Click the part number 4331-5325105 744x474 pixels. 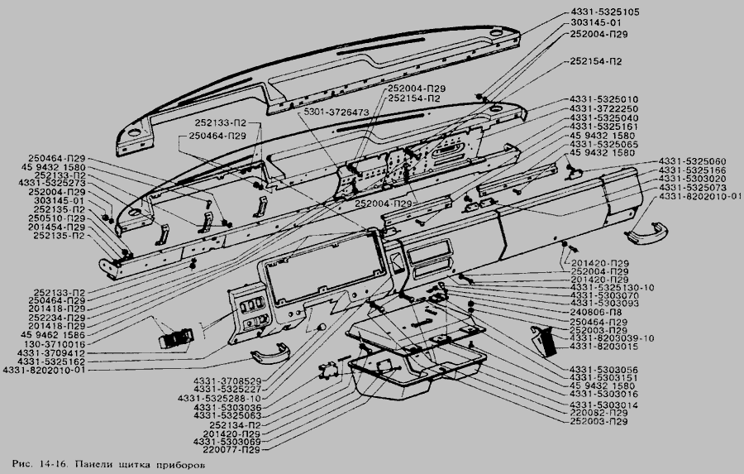603,12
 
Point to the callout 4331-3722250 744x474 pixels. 604,109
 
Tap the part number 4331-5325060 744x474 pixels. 693,160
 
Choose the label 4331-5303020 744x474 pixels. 693,180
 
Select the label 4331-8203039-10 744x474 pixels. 612,338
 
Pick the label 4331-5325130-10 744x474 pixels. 612,287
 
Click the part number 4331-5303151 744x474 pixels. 604,377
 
